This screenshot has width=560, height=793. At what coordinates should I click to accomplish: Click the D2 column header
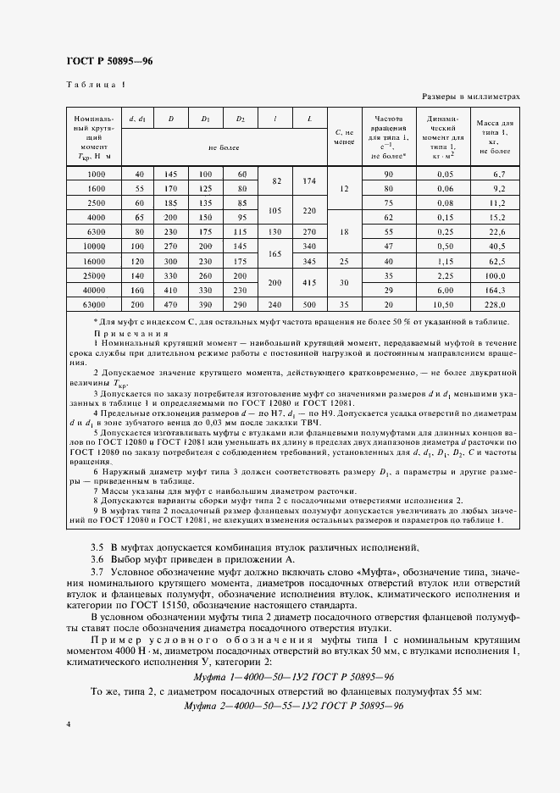pyautogui.click(x=241, y=119)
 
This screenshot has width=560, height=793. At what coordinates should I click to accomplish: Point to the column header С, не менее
pyautogui.click(x=343, y=137)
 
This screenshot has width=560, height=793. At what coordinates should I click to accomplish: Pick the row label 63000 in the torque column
pyautogui.click(x=95, y=304)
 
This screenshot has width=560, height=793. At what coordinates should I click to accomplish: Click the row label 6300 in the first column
pyautogui.click(x=95, y=231)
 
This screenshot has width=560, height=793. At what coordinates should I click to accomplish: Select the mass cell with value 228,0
pyautogui.click(x=494, y=304)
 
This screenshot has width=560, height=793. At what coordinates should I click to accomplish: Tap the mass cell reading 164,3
pyautogui.click(x=494, y=290)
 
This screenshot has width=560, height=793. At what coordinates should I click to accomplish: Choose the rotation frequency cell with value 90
pyautogui.click(x=389, y=174)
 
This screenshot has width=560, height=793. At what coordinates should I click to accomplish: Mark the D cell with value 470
pyautogui.click(x=170, y=304)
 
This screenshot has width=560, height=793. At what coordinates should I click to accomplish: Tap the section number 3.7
pyautogui.click(x=97, y=574)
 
